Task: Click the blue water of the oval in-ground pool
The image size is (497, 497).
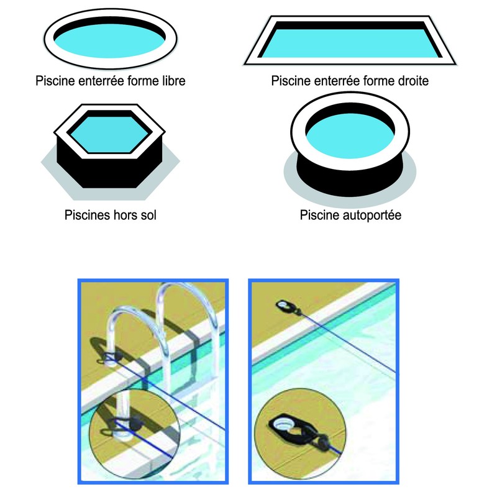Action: (111, 42)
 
